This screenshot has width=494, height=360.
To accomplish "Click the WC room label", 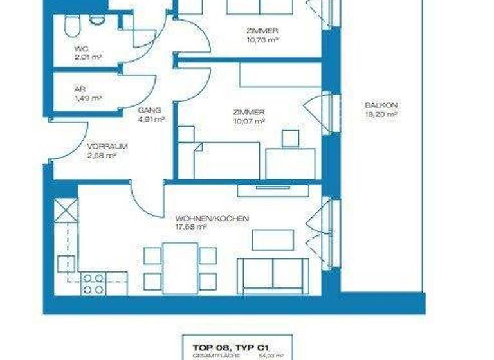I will pyautogui.click(x=80, y=48).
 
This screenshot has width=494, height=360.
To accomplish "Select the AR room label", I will pyautogui.click(x=80, y=89).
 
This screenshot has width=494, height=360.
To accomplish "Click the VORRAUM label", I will pyautogui.click(x=108, y=146).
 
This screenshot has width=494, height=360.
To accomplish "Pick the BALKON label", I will pyautogui.click(x=380, y=105).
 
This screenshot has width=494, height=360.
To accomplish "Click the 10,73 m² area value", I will pyautogui.click(x=262, y=39).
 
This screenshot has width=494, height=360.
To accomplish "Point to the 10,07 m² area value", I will pyautogui.click(x=250, y=120).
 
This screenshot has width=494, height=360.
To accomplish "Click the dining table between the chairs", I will pyautogui.click(x=180, y=267).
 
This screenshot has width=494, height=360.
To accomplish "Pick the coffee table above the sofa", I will pyautogui.click(x=272, y=239).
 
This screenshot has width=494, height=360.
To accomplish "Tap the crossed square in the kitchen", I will pyautogui.click(x=66, y=210).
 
